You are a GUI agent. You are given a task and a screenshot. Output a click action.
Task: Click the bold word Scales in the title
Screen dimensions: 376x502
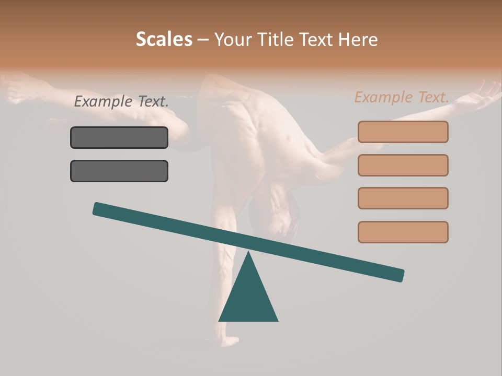(164, 40)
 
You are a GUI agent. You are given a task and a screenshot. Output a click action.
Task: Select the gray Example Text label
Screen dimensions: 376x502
(121, 102)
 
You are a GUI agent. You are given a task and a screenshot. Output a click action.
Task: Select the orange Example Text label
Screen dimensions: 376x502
(402, 97)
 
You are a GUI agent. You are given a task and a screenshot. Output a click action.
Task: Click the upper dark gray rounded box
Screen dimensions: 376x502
(119, 138)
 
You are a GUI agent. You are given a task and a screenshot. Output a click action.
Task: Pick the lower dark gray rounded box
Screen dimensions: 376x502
(119, 171)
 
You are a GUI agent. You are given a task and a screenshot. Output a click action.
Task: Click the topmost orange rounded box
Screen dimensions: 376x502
(403, 132)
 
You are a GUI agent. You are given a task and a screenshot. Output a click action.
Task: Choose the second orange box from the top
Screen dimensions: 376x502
(403, 165)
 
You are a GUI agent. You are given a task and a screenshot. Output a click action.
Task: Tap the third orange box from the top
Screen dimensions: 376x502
(403, 198)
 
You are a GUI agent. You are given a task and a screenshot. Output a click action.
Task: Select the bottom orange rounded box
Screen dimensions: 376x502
(403, 232)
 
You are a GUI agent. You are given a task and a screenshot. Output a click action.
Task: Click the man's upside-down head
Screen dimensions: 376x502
(275, 214)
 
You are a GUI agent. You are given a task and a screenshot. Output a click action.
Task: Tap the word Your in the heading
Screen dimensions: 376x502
(233, 40)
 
